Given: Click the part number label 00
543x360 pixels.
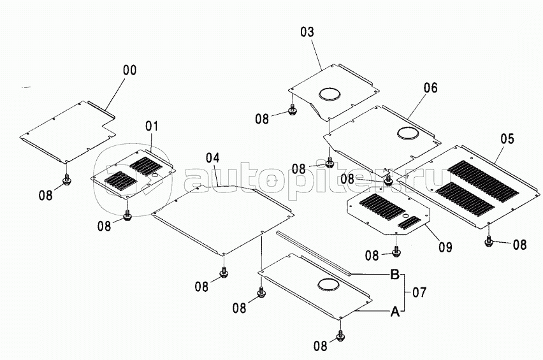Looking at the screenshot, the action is [130, 70].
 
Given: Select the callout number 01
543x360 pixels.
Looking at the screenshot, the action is [152, 126].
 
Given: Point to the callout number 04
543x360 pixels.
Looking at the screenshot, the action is [213, 158].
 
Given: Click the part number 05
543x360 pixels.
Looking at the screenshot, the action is [507, 139].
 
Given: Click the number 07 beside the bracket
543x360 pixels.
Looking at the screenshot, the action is [419, 292].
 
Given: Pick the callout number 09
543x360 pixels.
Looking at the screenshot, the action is [445, 247].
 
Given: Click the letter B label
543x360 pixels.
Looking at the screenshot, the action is [395, 275].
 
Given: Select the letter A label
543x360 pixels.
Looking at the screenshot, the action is [395, 312].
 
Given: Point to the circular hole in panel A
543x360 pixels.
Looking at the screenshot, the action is [328, 285].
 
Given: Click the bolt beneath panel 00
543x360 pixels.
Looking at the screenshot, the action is [66, 180].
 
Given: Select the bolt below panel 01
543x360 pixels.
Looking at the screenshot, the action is [127, 215].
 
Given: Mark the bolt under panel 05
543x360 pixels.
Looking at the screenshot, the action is [489, 241].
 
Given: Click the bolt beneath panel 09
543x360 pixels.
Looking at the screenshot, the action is [396, 252].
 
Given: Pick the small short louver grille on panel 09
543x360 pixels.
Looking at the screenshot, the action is [409, 223].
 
